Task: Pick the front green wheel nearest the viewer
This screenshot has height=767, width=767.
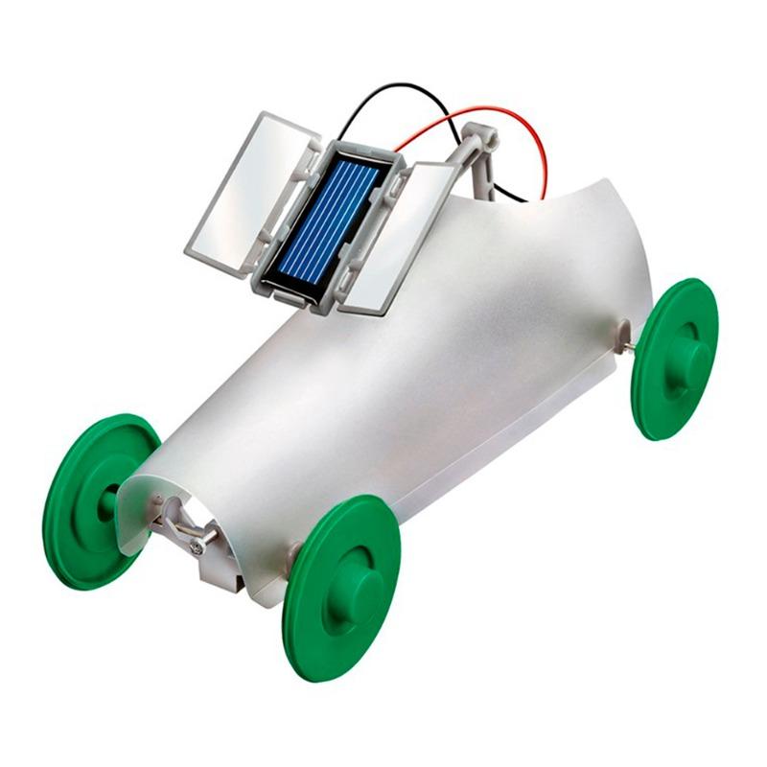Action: [340, 585]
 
